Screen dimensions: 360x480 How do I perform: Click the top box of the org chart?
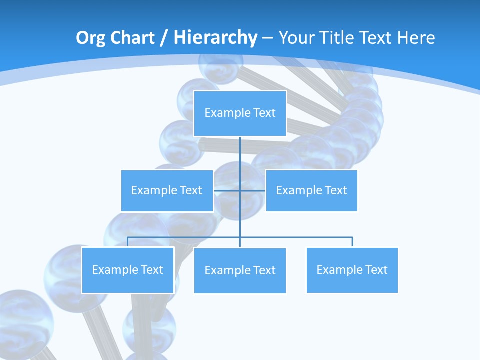point(240,113)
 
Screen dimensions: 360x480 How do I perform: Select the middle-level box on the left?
point(167,190)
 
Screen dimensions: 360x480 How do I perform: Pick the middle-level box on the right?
point(311,190)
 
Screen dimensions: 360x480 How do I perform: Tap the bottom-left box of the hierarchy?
point(127,270)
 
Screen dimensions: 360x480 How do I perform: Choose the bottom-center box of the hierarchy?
point(240,270)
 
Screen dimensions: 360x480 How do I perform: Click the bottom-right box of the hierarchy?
point(352,270)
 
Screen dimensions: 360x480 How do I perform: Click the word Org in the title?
point(90,38)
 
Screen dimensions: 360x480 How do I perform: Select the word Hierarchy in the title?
point(215,38)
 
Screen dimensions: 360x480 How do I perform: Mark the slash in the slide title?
point(164,38)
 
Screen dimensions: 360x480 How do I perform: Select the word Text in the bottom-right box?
point(376,270)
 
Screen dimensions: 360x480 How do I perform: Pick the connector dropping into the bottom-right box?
point(352,242)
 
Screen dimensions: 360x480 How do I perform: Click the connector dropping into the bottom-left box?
point(127,242)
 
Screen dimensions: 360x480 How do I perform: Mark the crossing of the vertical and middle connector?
point(240,190)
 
